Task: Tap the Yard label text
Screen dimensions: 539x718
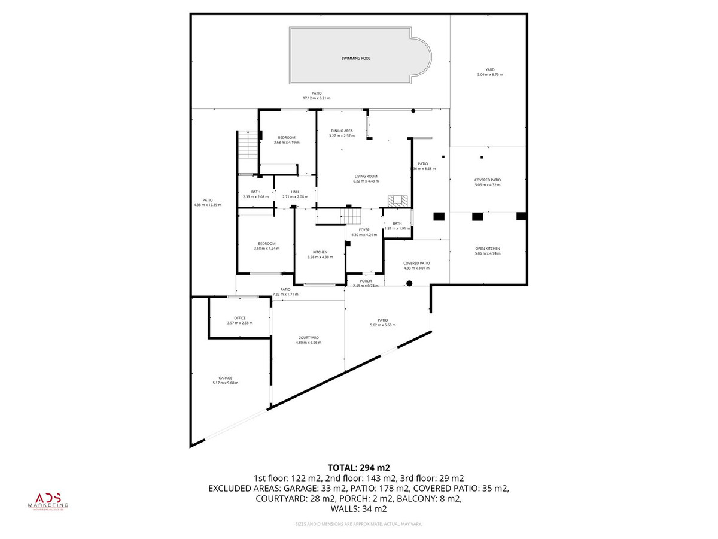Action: [x=490, y=70]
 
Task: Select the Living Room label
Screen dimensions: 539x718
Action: [x=366, y=176]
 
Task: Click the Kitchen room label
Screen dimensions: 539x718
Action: [x=320, y=252]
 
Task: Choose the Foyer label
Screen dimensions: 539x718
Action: [x=364, y=230]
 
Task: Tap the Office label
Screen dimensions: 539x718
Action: [x=239, y=318]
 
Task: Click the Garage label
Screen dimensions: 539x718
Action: [x=225, y=378]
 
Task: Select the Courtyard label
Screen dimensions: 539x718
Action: [x=308, y=337]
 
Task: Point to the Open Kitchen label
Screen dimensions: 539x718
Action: [x=488, y=249]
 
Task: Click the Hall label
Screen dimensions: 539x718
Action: [x=295, y=192]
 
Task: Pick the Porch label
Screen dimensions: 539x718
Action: [x=366, y=281]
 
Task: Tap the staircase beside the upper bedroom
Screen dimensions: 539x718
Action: [x=247, y=144]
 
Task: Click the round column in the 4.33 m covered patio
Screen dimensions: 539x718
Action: [x=409, y=284]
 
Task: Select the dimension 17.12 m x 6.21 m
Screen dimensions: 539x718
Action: [x=317, y=98]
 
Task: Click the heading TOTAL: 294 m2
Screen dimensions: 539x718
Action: [x=359, y=467]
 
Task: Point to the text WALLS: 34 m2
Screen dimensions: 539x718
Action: [x=359, y=509]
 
